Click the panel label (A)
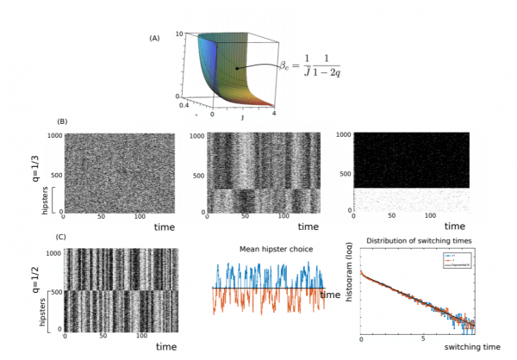[x=154, y=39]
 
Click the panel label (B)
[x=61, y=121]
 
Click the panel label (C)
[x=61, y=238]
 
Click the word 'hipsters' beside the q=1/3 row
[x=46, y=202]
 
